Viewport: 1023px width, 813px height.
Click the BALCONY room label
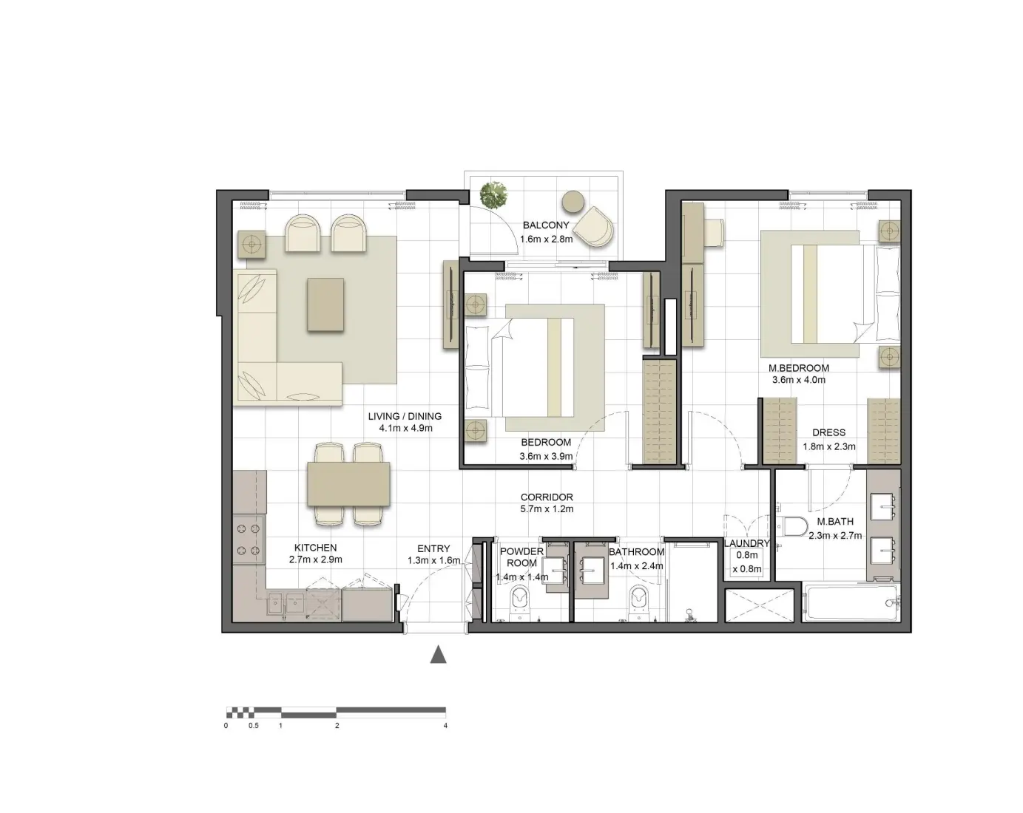pyautogui.click(x=546, y=225)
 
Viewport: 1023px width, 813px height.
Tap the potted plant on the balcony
pyautogui.click(x=493, y=195)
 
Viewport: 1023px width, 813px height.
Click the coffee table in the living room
pyautogui.click(x=325, y=304)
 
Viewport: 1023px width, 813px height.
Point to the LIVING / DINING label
pyautogui.click(x=405, y=416)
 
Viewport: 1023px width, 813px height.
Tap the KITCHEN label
pyautogui.click(x=315, y=548)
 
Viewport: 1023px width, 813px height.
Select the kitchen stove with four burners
pyautogui.click(x=249, y=540)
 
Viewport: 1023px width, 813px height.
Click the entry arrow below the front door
pyautogui.click(x=439, y=654)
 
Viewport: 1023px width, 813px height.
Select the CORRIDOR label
pyautogui.click(x=547, y=497)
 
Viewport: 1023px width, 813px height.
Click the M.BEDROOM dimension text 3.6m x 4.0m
pyautogui.click(x=798, y=380)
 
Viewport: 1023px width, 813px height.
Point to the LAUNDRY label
pyautogui.click(x=747, y=543)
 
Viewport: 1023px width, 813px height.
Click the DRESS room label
pyautogui.click(x=828, y=432)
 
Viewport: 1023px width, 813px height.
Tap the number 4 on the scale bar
pyautogui.click(x=445, y=726)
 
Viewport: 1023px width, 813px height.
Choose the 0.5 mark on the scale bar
pyautogui.click(x=254, y=726)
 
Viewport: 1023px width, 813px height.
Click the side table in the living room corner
pyautogui.click(x=251, y=243)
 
